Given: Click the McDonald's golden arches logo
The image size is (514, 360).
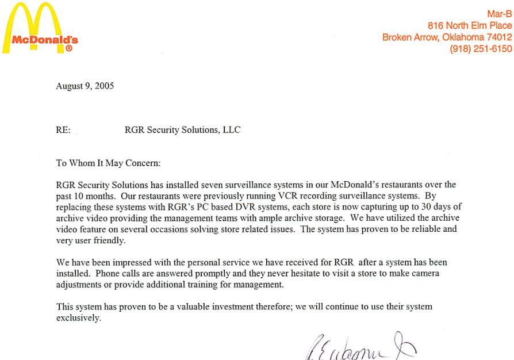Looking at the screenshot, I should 40,26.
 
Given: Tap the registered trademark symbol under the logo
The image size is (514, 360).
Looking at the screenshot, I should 68,49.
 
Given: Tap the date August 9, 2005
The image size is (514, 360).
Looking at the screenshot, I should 85,86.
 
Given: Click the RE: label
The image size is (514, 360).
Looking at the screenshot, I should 63,130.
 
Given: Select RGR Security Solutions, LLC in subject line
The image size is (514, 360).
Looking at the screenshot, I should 182,130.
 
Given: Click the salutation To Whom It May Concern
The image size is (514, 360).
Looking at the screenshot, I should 108,163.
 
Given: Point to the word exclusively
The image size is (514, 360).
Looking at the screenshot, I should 79,317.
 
